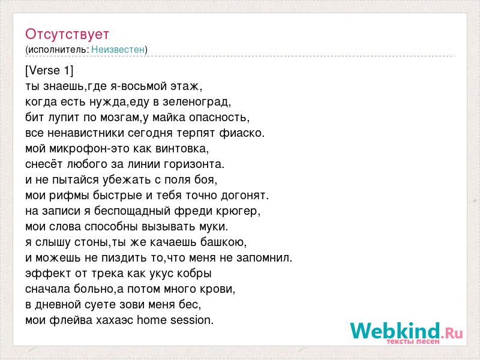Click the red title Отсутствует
(67, 34)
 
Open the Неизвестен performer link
(118, 49)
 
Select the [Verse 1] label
(49, 70)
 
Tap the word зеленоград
(197, 102)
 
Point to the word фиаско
(242, 133)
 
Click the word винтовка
(182, 149)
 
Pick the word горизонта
(194, 164)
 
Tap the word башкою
(223, 242)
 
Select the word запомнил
(265, 258)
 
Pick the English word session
(192, 320)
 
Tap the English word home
(152, 320)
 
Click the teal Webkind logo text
(395, 331)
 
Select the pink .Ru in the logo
(452, 332)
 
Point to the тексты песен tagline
(413, 341)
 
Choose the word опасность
(219, 118)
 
